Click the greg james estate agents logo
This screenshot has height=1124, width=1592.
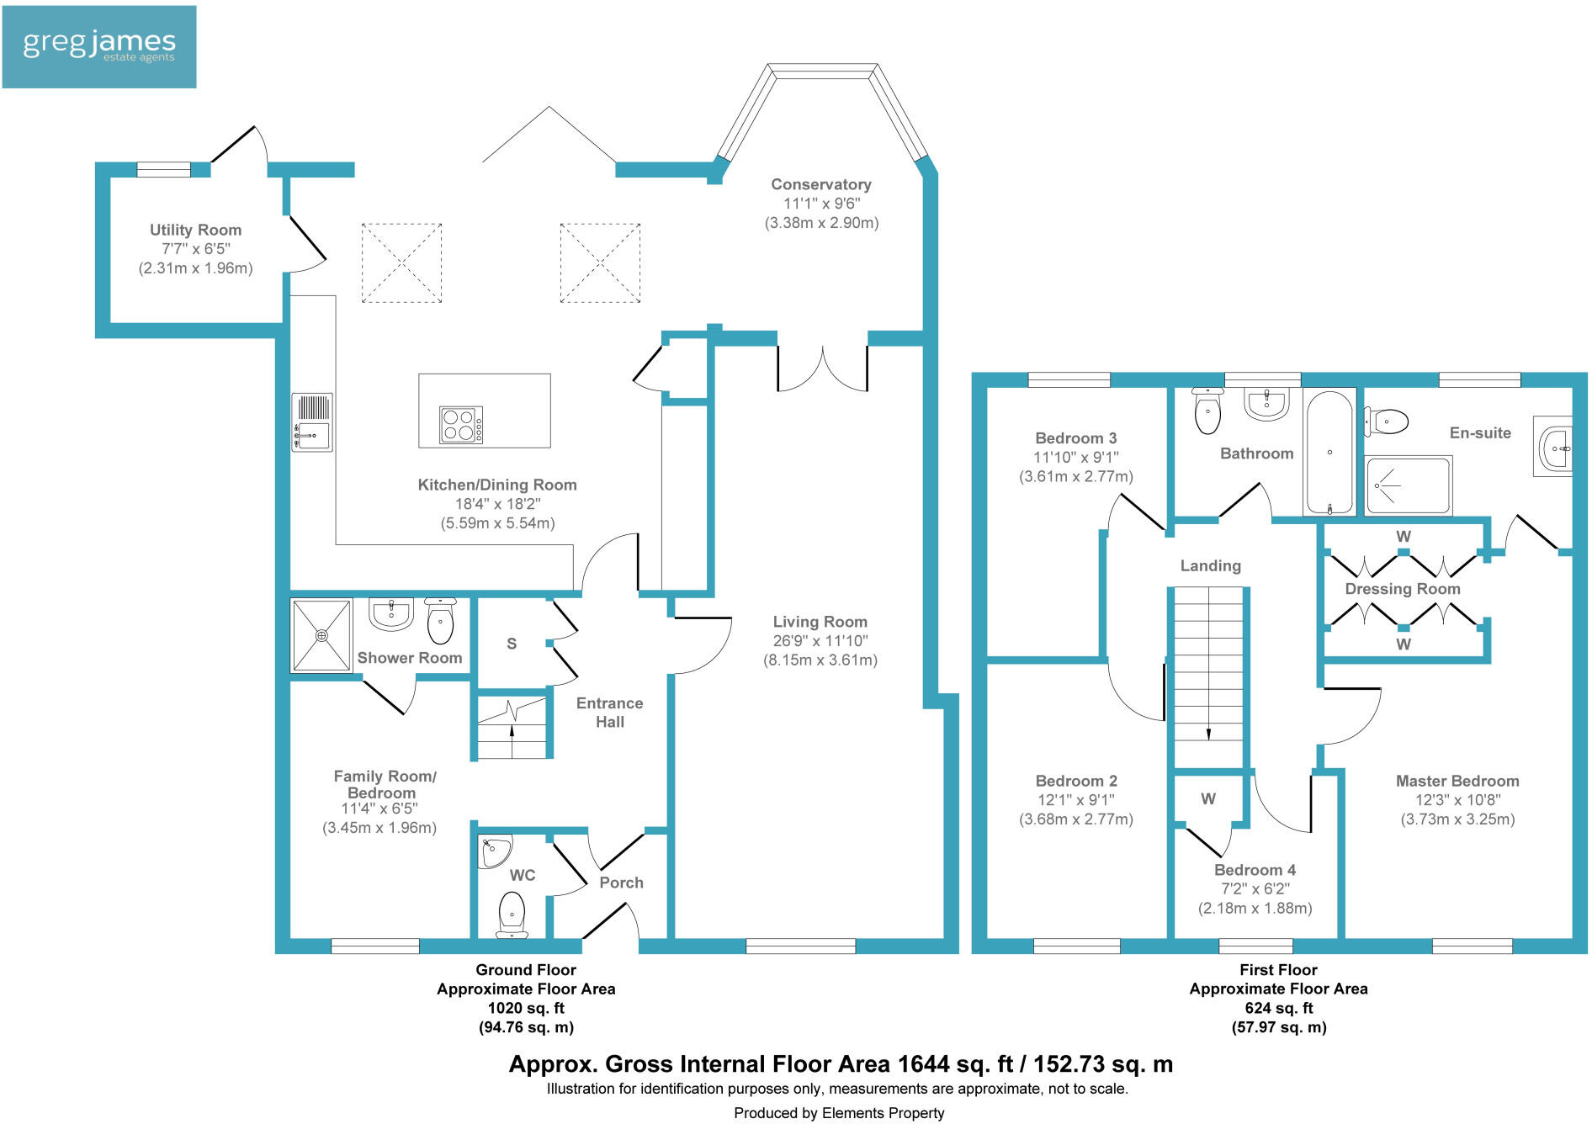click(x=99, y=47)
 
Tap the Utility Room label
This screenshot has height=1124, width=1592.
click(x=195, y=230)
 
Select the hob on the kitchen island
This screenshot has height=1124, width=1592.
click(x=461, y=425)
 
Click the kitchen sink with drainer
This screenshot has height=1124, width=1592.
click(x=312, y=422)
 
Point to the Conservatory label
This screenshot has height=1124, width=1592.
click(x=821, y=184)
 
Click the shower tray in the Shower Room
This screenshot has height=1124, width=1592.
click(x=321, y=635)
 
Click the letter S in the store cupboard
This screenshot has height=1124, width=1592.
click(x=512, y=644)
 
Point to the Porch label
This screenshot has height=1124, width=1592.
click(x=621, y=883)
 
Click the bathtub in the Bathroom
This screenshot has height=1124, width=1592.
click(x=1329, y=452)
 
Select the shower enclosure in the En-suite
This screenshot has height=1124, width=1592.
click(x=1409, y=485)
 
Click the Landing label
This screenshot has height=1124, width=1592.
click(x=1210, y=565)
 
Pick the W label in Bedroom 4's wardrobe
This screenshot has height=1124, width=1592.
click(x=1208, y=798)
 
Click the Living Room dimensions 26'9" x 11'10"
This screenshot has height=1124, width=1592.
click(x=820, y=640)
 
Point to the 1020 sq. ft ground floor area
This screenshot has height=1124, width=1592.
click(x=526, y=1008)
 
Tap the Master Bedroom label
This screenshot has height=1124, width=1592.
click(x=1457, y=781)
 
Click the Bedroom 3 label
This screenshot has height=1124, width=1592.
click(x=1076, y=437)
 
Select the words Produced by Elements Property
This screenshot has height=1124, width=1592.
click(x=839, y=1113)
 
